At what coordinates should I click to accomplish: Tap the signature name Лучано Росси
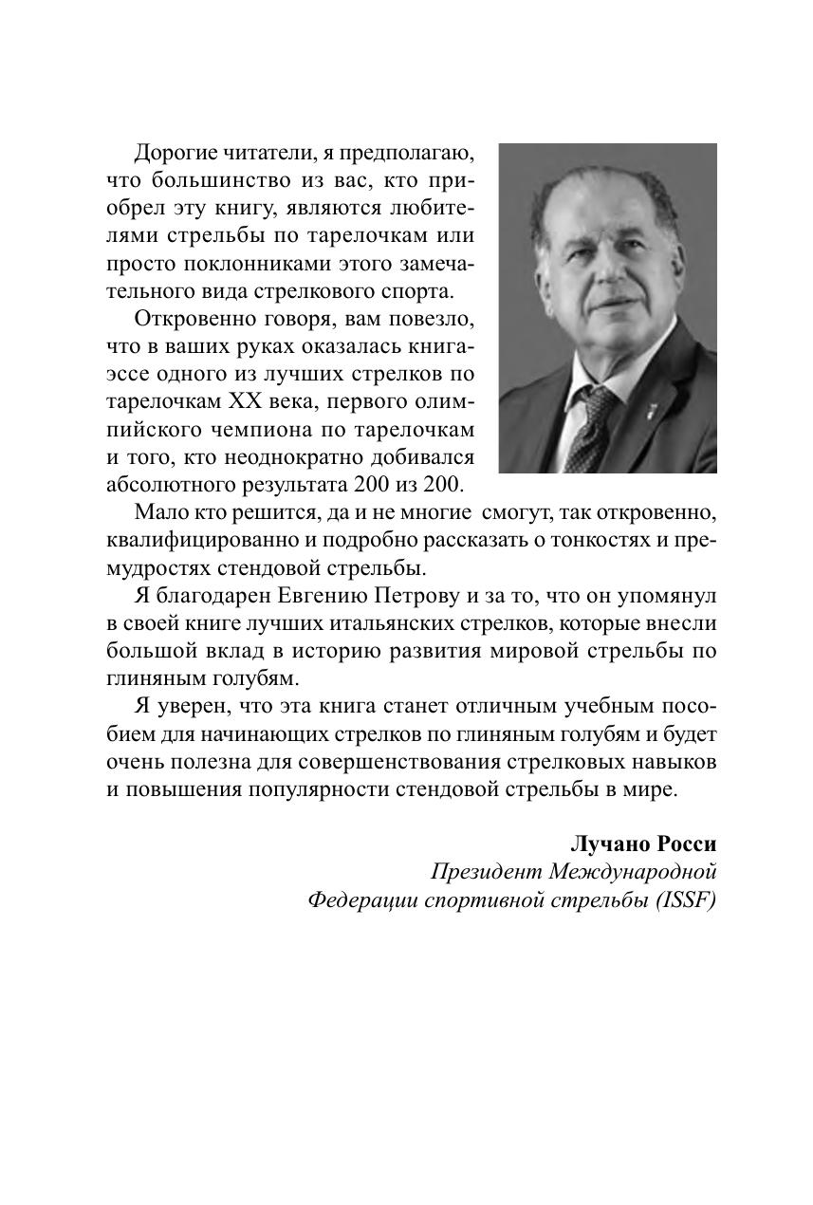(x=642, y=843)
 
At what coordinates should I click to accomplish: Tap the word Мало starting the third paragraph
(x=159, y=513)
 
